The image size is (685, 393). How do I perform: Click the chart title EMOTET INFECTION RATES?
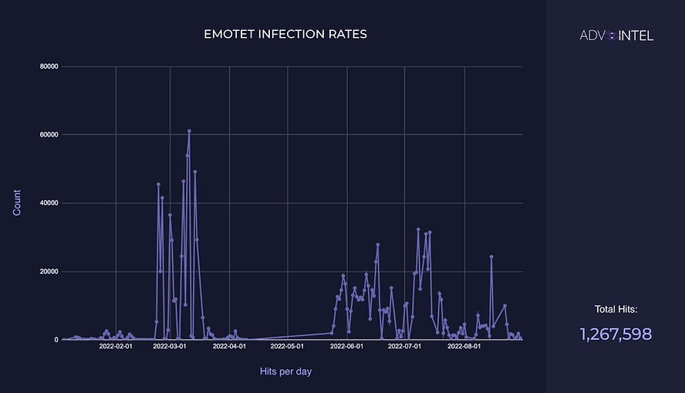(285, 35)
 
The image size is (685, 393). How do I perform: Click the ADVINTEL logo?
(616, 35)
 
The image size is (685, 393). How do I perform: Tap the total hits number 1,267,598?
(616, 334)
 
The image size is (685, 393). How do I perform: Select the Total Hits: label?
(616, 310)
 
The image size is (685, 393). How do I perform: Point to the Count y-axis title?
(18, 202)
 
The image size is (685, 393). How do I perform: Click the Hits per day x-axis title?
(285, 372)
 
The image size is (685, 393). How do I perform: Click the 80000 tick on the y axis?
(49, 66)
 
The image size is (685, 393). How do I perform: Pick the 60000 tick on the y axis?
(49, 134)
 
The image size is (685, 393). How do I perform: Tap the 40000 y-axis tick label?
(49, 203)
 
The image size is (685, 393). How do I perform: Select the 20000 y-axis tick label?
(49, 272)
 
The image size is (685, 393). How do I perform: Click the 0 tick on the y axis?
(56, 340)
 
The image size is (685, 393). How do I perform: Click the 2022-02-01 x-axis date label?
(116, 347)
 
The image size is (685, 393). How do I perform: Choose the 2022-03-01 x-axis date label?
(170, 347)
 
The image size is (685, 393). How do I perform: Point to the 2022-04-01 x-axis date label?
(230, 347)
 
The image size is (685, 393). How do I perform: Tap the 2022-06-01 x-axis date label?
(347, 347)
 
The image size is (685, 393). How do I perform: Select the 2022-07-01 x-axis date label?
(405, 347)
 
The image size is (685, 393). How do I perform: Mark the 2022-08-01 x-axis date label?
(464, 347)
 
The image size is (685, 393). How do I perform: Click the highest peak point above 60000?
(189, 131)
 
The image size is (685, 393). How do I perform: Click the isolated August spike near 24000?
(491, 256)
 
